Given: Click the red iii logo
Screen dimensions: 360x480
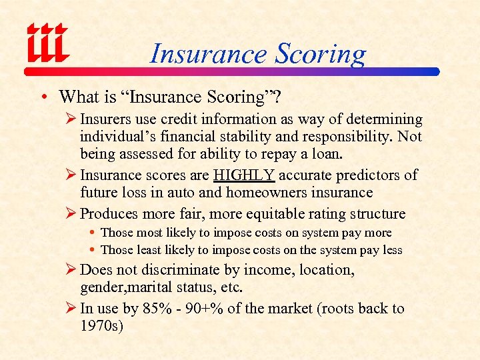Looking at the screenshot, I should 47,44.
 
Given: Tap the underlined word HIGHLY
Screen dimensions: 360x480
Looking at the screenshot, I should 244,175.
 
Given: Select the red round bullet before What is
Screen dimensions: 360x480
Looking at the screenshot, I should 43,97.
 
